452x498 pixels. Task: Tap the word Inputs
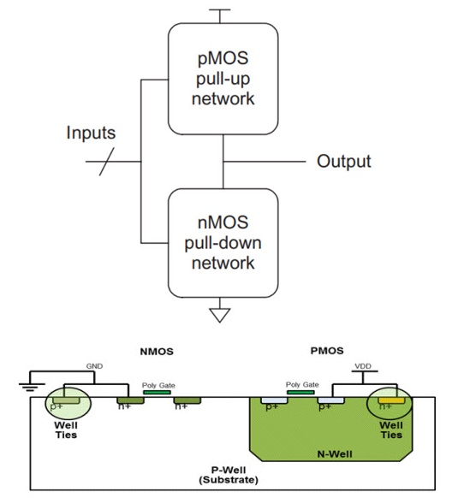pos(91,133)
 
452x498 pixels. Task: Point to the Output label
pos(343,162)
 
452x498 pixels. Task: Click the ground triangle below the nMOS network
pos(220,314)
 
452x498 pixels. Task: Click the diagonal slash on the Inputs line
pos(107,162)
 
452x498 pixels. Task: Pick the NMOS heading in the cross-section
pos(157,352)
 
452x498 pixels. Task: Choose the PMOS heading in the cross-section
pos(327,351)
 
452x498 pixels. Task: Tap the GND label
pos(94,366)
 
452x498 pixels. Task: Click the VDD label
pos(363,366)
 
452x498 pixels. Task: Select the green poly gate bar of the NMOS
pos(157,393)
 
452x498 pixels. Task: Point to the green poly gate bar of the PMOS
pos(300,392)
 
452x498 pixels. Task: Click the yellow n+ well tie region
pos(391,400)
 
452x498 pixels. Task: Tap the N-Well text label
pos(335,454)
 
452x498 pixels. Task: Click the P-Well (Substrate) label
pos(229,475)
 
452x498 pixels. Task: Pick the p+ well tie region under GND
pos(66,400)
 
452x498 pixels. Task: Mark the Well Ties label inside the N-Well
pos(391,430)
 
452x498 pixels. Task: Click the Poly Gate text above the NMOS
pos(158,386)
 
